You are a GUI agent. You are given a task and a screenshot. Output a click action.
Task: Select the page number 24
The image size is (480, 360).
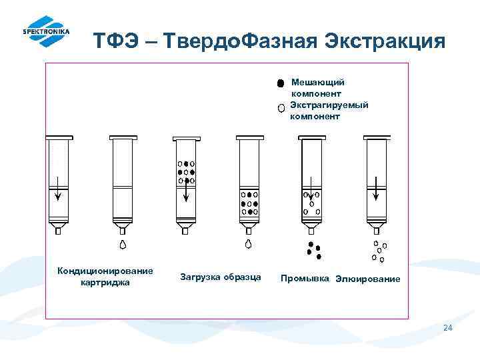(x=447, y=327)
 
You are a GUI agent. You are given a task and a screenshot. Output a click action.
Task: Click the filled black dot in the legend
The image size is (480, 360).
(x=281, y=83)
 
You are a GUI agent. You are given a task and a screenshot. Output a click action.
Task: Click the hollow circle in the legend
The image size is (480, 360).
(x=281, y=107)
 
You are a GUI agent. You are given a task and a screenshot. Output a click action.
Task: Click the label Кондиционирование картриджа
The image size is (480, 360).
(x=105, y=276)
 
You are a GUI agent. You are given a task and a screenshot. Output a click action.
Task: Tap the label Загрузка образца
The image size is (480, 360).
(x=221, y=277)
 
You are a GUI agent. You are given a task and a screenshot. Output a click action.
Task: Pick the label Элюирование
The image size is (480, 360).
(x=368, y=279)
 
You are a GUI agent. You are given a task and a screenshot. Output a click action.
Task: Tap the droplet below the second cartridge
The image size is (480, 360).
(x=123, y=244)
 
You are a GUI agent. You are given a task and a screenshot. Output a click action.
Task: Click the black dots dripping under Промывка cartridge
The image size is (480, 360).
(x=313, y=250)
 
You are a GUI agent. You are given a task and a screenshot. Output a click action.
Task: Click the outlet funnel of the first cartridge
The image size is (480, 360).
(x=58, y=229)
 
